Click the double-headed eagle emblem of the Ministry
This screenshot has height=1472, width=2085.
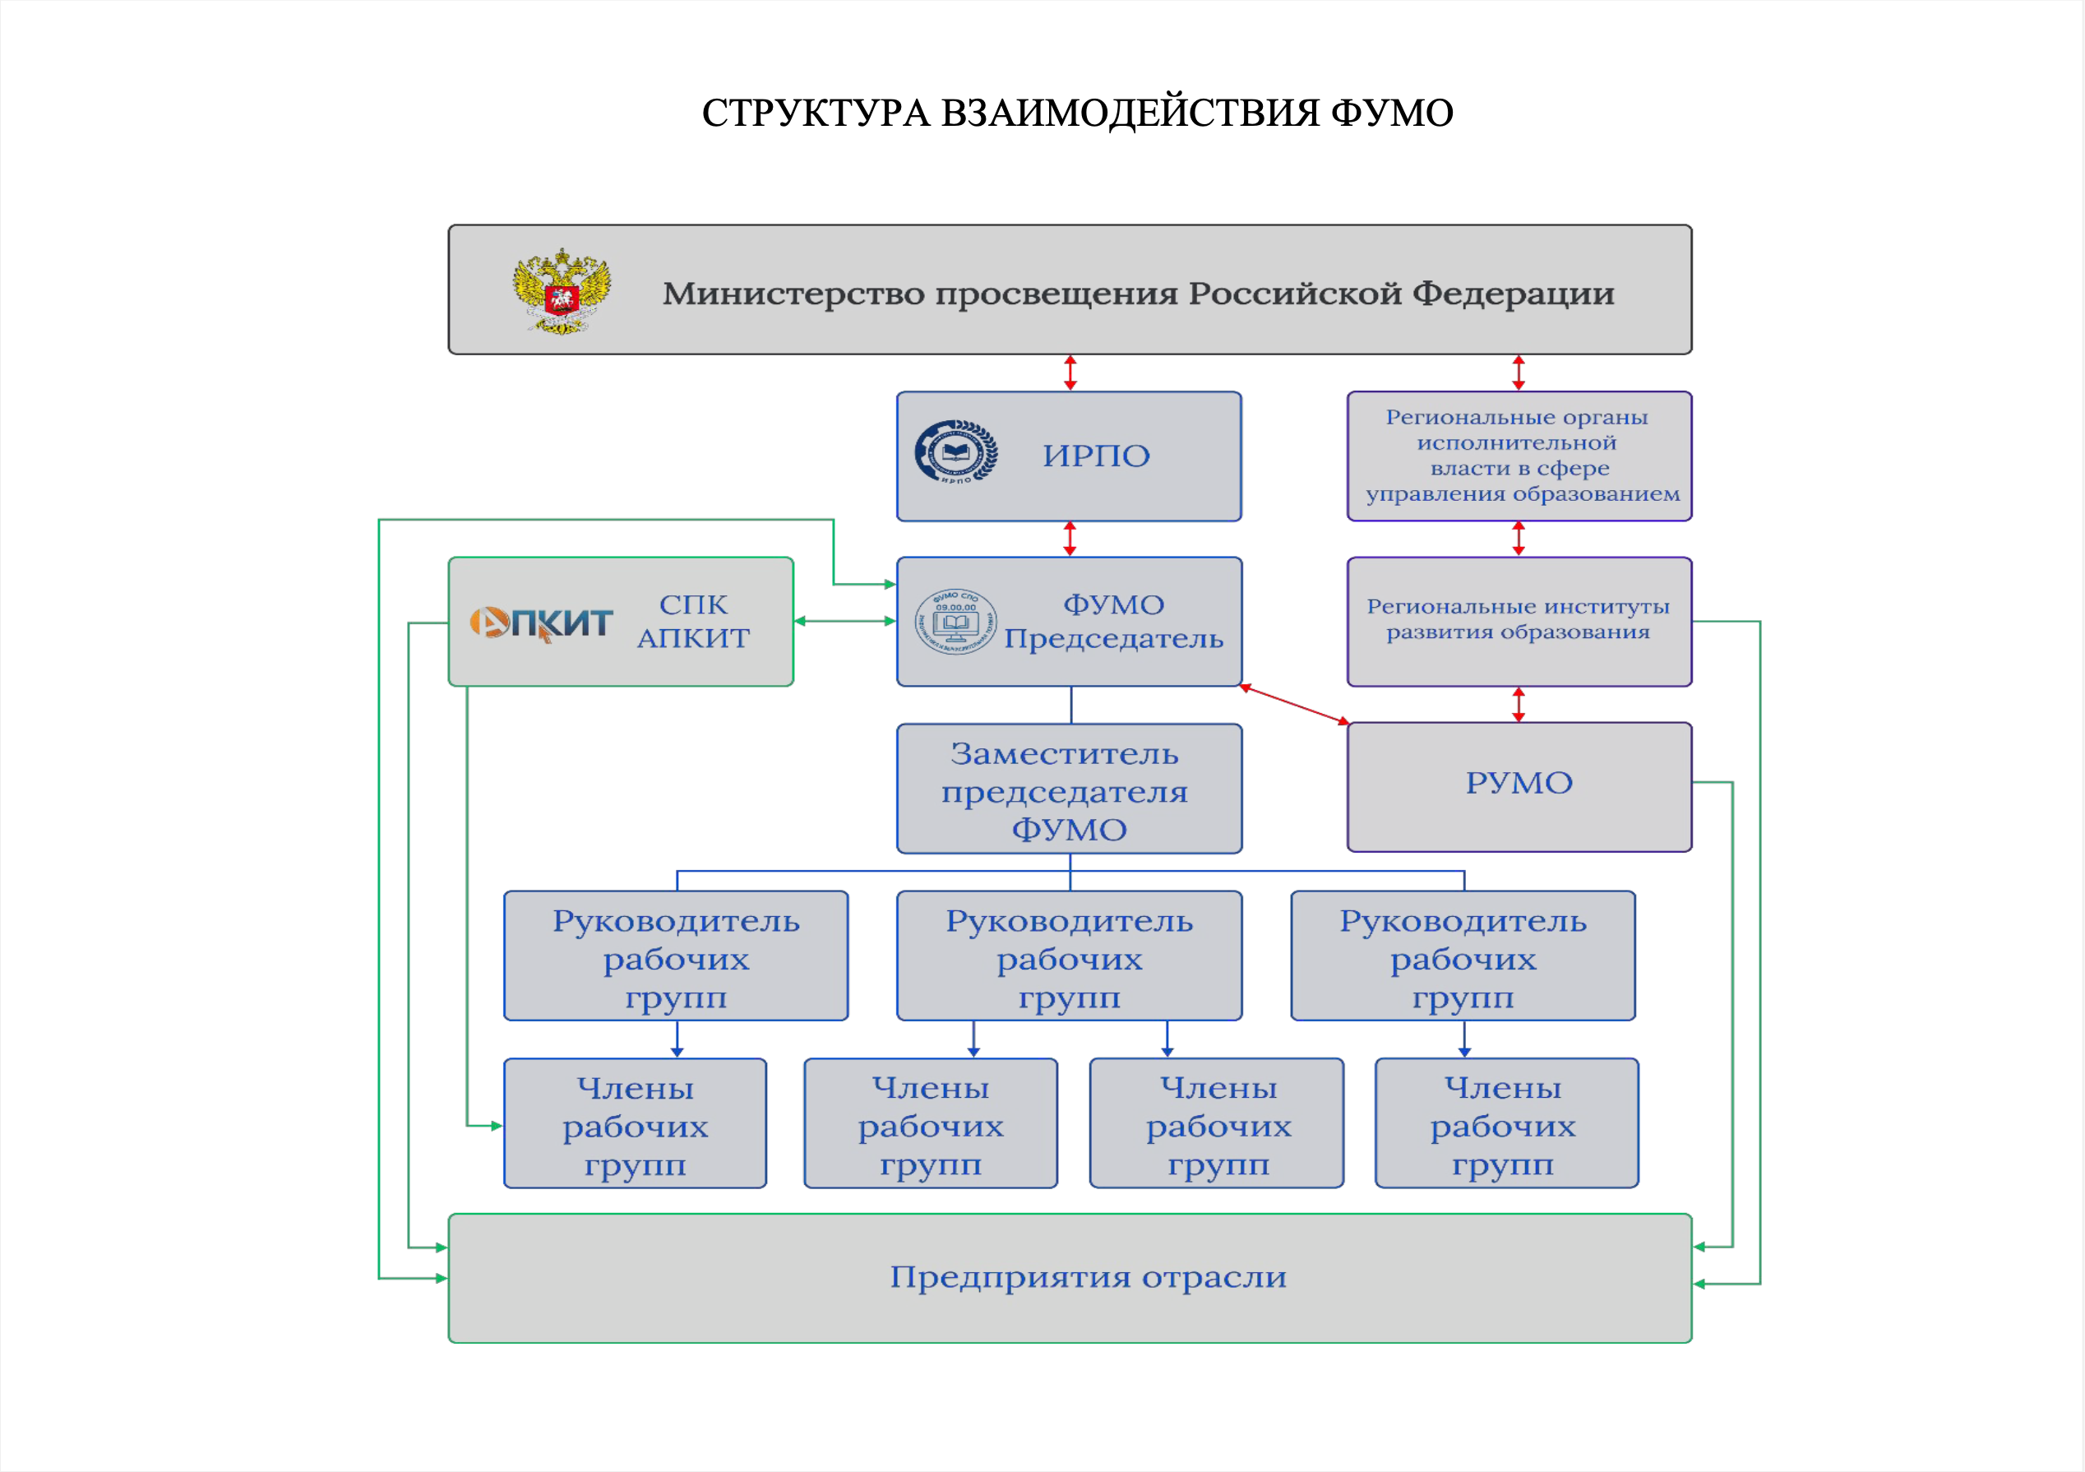(x=562, y=291)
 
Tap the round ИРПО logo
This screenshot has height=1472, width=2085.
(x=955, y=451)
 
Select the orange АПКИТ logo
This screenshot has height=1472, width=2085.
(x=541, y=623)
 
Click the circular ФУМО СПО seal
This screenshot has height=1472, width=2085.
(x=955, y=622)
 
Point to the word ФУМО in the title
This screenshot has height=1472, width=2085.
(x=1391, y=113)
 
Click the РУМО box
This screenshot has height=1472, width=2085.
(x=1519, y=786)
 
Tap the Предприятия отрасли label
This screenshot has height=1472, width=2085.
(x=1087, y=1277)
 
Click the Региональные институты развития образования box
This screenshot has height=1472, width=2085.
(x=1519, y=621)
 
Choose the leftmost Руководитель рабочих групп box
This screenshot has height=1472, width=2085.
(x=676, y=956)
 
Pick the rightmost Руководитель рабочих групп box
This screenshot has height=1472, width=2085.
(x=1462, y=956)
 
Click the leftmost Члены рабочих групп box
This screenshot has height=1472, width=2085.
(x=635, y=1123)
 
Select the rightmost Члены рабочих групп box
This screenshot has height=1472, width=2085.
(x=1505, y=1123)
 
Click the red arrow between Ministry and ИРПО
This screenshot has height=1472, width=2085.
(x=1070, y=373)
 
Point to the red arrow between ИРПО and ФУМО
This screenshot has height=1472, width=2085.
(x=1070, y=539)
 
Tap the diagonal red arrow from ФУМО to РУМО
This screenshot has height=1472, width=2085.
(x=1294, y=704)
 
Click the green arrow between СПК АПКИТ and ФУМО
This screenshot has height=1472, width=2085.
(x=844, y=621)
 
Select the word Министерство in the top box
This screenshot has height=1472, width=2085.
(x=793, y=294)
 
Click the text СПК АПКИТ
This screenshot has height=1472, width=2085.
(x=693, y=621)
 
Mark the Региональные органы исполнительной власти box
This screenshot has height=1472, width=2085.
(x=1519, y=456)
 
